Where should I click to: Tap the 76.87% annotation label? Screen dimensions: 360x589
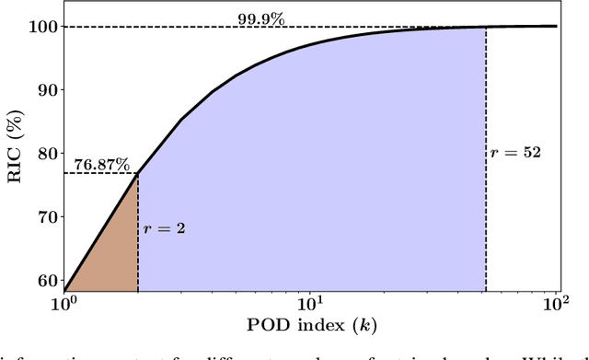pyautogui.click(x=97, y=163)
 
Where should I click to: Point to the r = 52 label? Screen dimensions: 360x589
pyautogui.click(x=516, y=152)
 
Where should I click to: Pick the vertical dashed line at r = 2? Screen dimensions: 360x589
pyautogui.click(x=138, y=267)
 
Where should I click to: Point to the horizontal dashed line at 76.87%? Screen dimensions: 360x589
pyautogui.click(x=101, y=174)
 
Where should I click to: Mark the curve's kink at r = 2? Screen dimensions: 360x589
pyautogui.click(x=138, y=174)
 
